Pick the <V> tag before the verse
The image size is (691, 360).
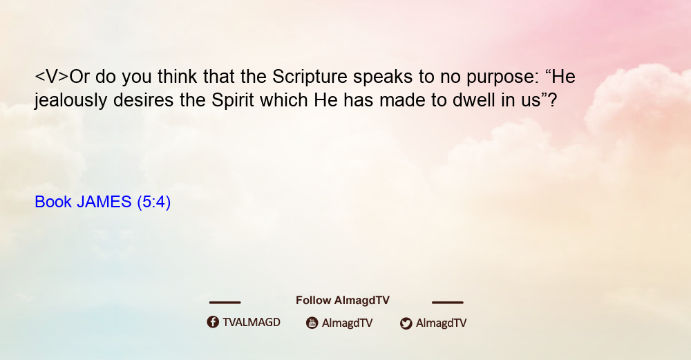52,77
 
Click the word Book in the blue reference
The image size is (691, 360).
53,202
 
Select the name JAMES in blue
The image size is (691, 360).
104,202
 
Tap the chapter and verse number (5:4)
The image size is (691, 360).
154,202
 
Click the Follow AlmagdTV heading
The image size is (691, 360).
343,301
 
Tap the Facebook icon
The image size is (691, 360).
213,322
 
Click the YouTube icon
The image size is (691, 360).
312,323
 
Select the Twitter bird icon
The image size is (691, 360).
406,323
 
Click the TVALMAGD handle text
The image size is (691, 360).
252,323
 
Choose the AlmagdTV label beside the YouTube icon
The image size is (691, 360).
348,323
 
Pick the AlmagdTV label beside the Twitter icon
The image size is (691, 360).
441,323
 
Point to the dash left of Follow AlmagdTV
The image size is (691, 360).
225,303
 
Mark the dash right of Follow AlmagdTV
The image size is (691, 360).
448,303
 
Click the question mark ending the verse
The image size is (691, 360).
553,100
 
